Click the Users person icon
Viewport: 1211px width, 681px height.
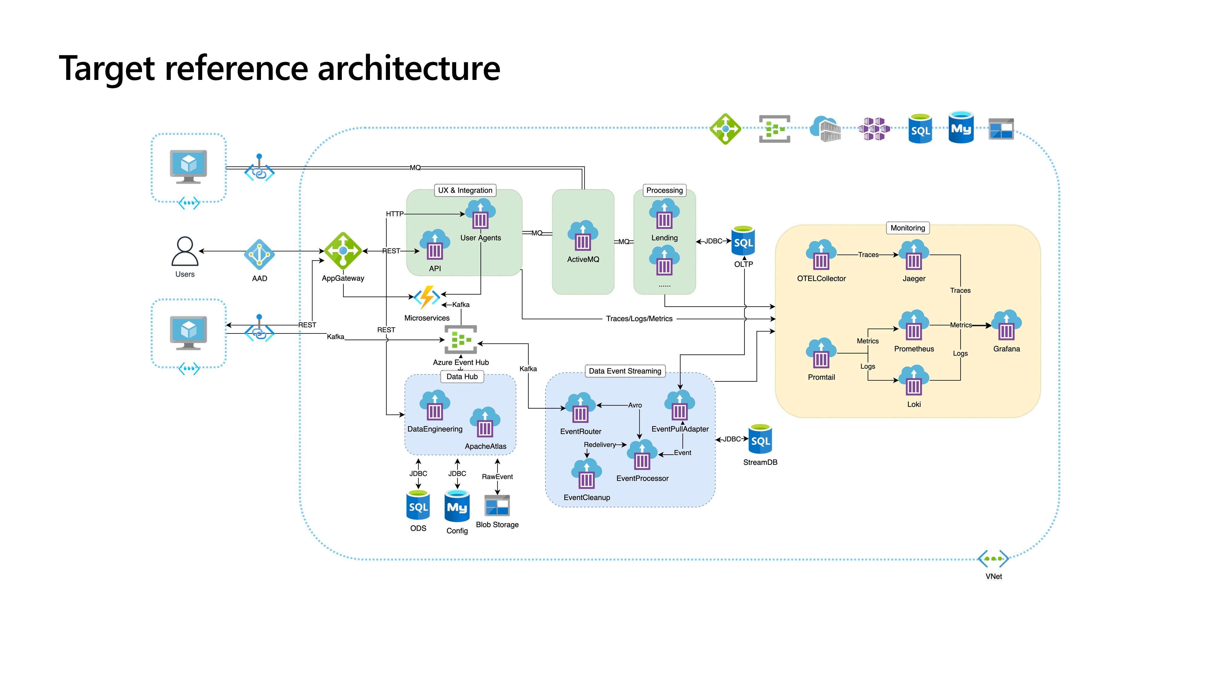pos(185,252)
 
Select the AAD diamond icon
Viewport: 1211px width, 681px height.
pos(259,254)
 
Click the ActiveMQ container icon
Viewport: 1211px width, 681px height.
pos(583,236)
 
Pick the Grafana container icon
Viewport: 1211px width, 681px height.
pos(1006,326)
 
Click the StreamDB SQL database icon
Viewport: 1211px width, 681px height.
pos(760,439)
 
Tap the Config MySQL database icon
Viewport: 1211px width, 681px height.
pos(457,506)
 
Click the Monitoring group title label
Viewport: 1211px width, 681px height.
pos(907,228)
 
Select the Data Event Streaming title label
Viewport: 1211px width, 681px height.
pos(625,371)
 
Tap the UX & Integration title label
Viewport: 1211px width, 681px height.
pos(465,190)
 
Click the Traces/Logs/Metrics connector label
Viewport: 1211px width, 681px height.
pos(639,319)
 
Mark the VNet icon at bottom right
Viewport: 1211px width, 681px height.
pos(993,559)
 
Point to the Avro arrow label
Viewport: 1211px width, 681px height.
pos(635,405)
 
